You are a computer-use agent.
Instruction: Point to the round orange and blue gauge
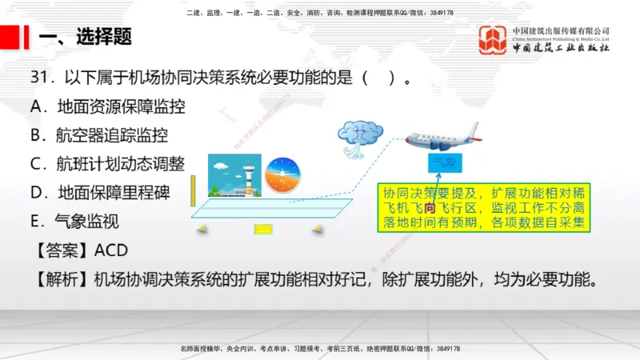(x=282, y=174)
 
